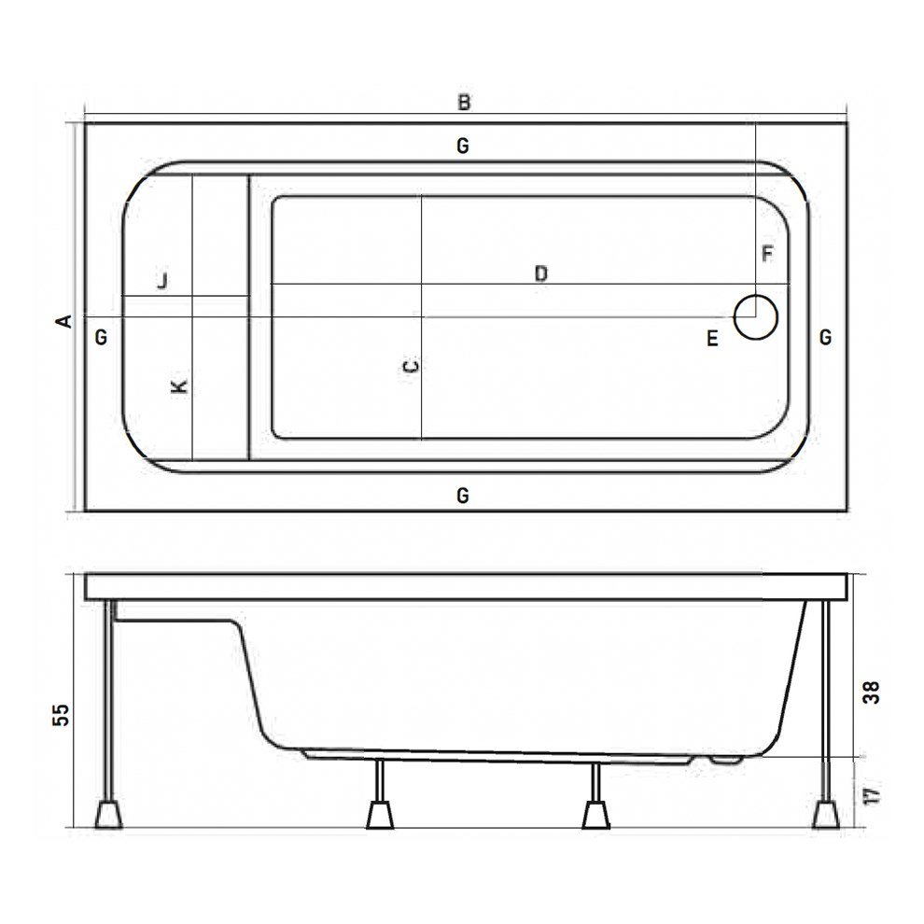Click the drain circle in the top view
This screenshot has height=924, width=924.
coord(755,317)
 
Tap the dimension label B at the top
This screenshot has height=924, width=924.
coord(464,103)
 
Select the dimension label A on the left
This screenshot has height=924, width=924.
coord(63,321)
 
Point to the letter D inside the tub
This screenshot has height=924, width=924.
coord(540,273)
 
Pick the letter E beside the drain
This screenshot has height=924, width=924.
coord(712,339)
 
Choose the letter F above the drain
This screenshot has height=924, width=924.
coord(767,253)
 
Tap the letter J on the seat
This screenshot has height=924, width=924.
coord(162,280)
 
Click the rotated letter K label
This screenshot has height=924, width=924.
coord(181,385)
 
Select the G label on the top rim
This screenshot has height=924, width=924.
coord(462,146)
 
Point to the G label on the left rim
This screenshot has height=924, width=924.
coord(102,337)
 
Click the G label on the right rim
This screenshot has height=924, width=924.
coord(825,337)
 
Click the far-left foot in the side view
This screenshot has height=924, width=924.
coord(109,813)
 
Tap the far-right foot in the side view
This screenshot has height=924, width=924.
coord(825,813)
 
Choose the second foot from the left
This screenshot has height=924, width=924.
coord(379,813)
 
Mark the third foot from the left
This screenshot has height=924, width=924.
coord(595,813)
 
